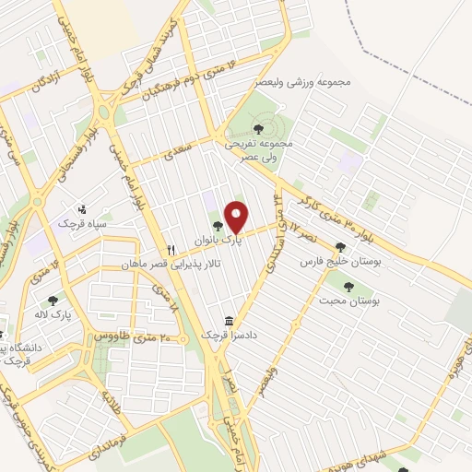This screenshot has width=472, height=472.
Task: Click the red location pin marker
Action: pyautogui.click(x=237, y=218)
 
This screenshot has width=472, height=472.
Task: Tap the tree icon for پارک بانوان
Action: pyautogui.click(x=218, y=225)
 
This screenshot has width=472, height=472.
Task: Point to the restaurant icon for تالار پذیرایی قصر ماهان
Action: pyautogui.click(x=171, y=250)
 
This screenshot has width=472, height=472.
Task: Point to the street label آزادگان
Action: pyautogui.click(x=44, y=80)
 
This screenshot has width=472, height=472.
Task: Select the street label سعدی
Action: pyautogui.click(x=175, y=151)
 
